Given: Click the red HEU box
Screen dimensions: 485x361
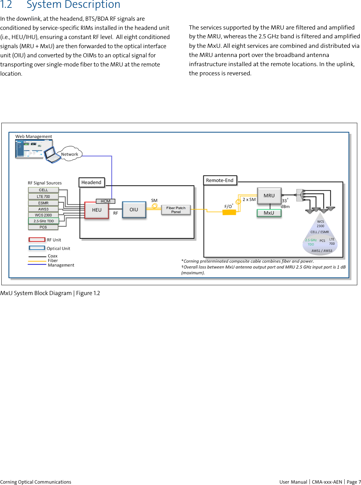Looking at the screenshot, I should click(97, 210).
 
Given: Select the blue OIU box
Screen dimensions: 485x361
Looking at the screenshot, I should click(134, 210).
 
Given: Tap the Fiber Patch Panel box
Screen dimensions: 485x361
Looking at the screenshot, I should click(176, 210).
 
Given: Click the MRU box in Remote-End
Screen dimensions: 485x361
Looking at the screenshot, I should click(269, 196).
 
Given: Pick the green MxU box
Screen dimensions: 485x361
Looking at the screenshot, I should click(269, 213).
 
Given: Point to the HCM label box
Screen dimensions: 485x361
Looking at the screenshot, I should click(105, 201).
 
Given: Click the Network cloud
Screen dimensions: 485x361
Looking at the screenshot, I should click(69, 154).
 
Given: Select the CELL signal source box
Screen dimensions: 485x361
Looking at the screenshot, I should click(43, 190).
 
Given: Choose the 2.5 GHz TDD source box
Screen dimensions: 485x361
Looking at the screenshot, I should click(43, 221).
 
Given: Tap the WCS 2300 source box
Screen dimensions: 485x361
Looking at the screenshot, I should click(43, 215).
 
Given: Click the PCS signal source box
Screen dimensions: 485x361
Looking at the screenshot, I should click(43, 227).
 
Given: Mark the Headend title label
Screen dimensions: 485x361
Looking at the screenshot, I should click(92, 182).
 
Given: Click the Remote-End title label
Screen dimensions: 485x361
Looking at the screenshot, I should click(220, 180).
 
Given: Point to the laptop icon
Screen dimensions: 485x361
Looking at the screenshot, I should click(53, 155).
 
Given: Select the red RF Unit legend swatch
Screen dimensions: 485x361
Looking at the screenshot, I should click(37, 239).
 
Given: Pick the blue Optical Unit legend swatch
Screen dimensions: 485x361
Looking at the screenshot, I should click(37, 248).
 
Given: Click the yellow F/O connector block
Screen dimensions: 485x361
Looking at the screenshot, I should click(229, 212).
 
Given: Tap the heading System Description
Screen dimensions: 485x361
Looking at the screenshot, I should click(73, 5).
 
